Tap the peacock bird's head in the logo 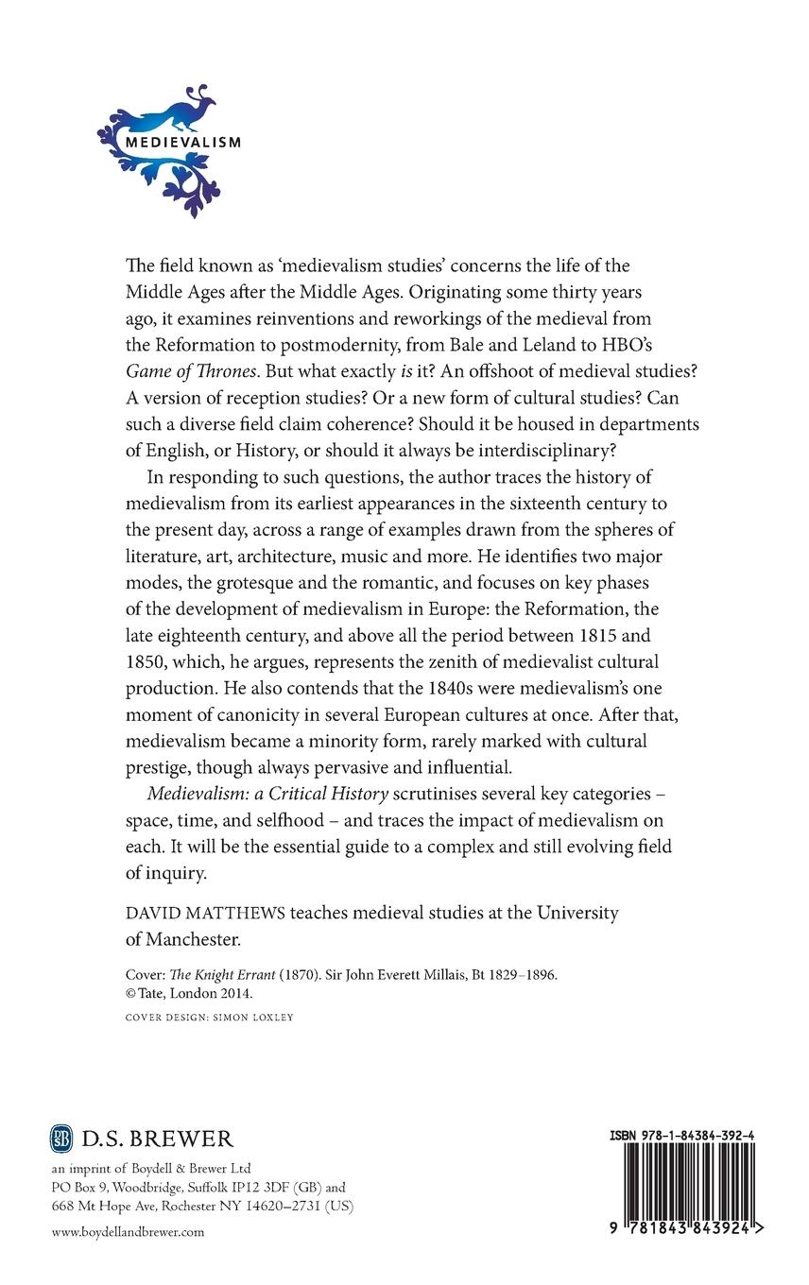coord(204,96)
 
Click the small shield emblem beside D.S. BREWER coord(60,1138)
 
